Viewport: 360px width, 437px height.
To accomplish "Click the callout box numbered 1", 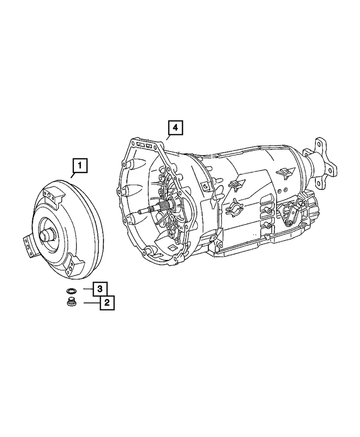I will pyautogui.click(x=80, y=167).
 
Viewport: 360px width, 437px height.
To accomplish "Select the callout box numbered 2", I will pyautogui.click(x=107, y=302).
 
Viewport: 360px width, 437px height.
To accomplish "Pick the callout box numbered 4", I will pyautogui.click(x=175, y=129).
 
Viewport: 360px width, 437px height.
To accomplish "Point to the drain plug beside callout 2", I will pyautogui.click(x=71, y=302).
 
